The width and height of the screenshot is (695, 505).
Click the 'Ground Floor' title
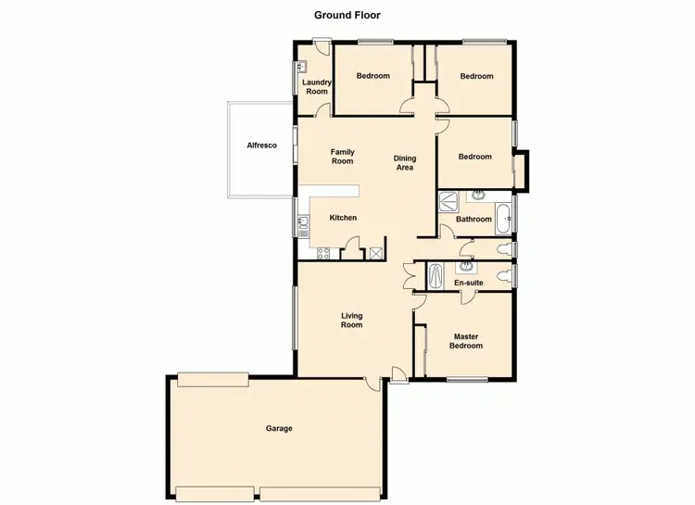(x=347, y=15)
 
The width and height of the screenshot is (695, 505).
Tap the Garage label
(x=279, y=428)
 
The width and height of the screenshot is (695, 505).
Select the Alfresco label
(x=261, y=145)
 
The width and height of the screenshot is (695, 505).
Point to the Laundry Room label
(x=317, y=86)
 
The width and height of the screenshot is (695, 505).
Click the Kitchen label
(x=343, y=218)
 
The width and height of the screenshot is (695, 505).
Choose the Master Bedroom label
(x=466, y=341)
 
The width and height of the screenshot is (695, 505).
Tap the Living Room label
(x=351, y=321)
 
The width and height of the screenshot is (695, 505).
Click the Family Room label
(x=343, y=157)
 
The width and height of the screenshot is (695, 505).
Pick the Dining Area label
(x=404, y=163)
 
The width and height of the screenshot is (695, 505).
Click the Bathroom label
(x=474, y=220)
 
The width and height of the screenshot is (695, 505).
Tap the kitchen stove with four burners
(x=323, y=253)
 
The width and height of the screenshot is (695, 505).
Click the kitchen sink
(x=303, y=222)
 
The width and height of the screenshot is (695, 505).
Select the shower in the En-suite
(x=436, y=275)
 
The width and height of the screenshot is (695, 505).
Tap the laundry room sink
(x=300, y=67)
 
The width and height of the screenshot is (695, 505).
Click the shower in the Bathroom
(x=448, y=199)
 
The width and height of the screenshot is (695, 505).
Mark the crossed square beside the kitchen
(x=375, y=253)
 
